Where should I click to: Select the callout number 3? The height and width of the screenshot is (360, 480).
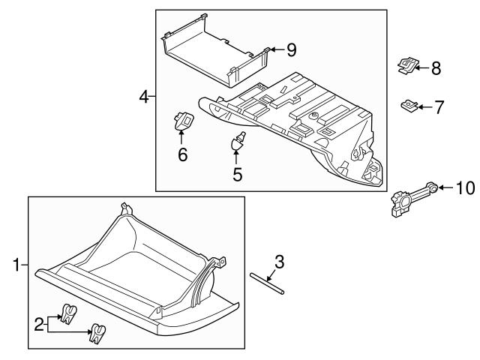click(x=279, y=262)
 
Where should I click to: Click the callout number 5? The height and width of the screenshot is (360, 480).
click(x=237, y=174)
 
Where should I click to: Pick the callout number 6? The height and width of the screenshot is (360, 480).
click(x=182, y=156)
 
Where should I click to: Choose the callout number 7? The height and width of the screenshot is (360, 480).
click(x=439, y=107)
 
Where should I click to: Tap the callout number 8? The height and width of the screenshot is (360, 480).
click(x=435, y=68)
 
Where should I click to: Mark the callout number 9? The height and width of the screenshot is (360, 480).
click(x=291, y=49)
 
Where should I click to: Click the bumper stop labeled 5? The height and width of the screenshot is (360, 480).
click(x=238, y=141)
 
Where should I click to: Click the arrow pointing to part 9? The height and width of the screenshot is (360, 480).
click(x=275, y=49)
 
